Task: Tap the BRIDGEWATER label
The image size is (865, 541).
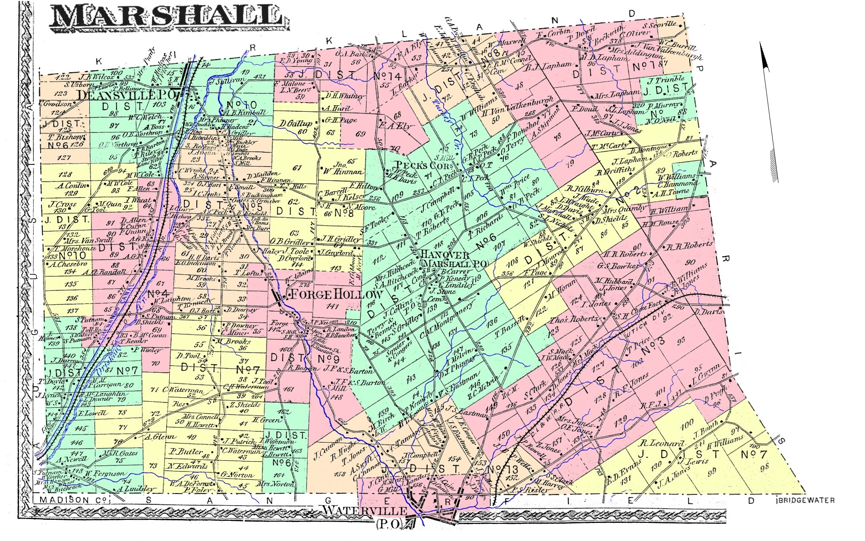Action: (x=805, y=500)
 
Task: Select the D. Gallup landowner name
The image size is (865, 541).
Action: (x=295, y=124)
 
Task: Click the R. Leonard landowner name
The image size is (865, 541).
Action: (x=662, y=443)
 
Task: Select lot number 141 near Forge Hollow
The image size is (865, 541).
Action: (x=332, y=306)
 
